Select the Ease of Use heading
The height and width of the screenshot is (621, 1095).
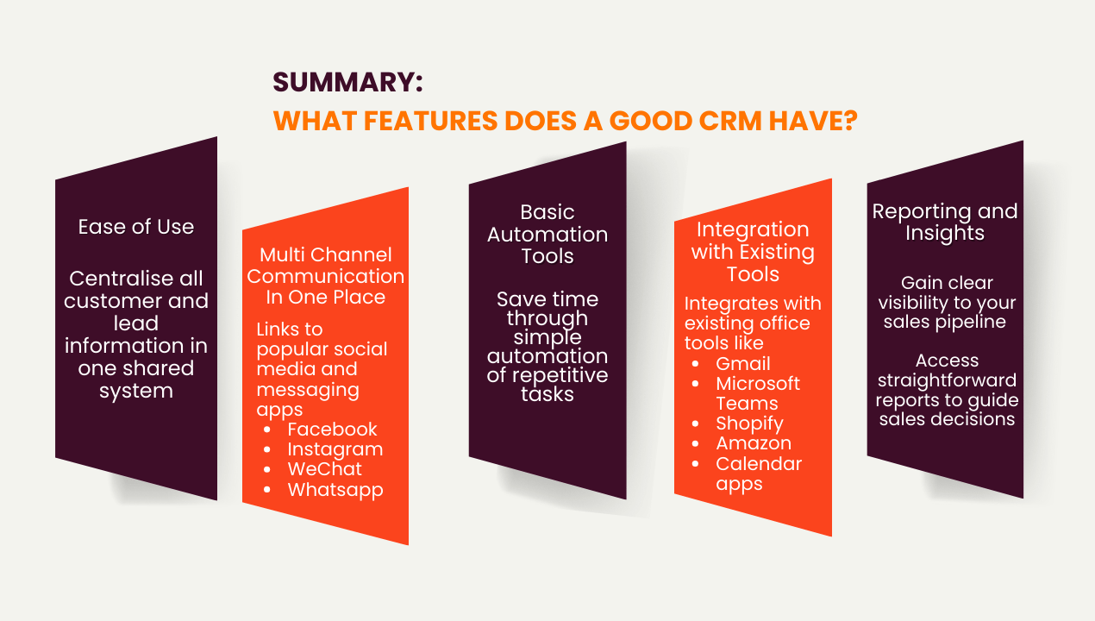click(136, 227)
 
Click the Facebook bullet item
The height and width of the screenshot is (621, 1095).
click(332, 430)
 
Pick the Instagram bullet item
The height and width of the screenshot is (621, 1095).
click(335, 449)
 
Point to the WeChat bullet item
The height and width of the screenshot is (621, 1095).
click(324, 469)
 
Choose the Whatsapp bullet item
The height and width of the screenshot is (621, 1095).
click(335, 490)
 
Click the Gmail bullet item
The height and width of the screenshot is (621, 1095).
click(743, 364)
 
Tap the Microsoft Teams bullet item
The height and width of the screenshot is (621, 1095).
click(758, 393)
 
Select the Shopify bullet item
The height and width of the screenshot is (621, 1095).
click(749, 423)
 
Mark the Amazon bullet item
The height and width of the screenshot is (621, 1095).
click(753, 443)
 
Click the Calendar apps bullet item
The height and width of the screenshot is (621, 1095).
click(759, 474)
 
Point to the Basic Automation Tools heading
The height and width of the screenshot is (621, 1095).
click(547, 234)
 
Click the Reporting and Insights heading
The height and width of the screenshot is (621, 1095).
click(945, 223)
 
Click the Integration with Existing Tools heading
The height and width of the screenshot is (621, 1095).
click(753, 252)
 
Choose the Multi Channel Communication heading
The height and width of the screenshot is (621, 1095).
click(325, 276)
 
